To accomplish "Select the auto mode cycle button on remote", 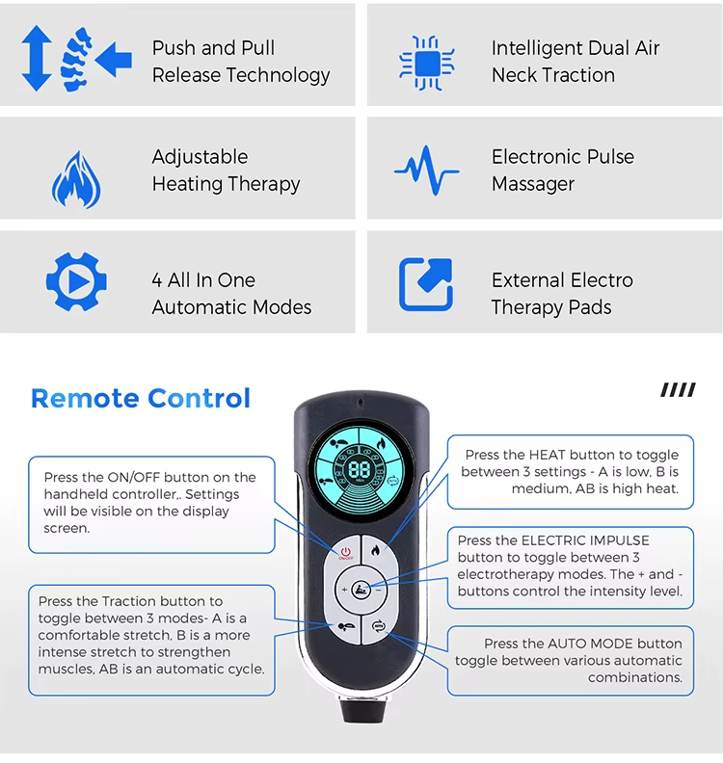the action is click(x=378, y=626).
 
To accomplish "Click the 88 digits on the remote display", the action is click(x=360, y=469).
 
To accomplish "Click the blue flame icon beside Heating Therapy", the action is click(x=76, y=179).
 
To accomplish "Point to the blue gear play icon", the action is click(x=76, y=281).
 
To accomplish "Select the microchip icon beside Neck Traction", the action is click(x=426, y=63).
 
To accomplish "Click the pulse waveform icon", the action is click(x=426, y=171).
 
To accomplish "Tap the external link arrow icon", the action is click(x=425, y=284).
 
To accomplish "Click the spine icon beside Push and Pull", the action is click(x=76, y=60).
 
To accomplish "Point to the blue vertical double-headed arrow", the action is click(x=37, y=59).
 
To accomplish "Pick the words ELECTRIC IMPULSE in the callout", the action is click(x=585, y=540).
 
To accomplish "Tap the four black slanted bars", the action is click(x=679, y=390).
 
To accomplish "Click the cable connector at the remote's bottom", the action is click(x=363, y=709).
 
